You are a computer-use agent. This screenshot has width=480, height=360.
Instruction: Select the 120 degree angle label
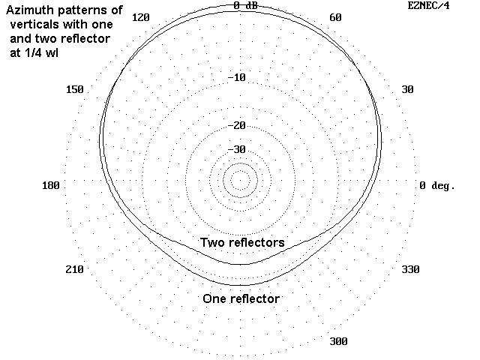pyautogui.click(x=141, y=18)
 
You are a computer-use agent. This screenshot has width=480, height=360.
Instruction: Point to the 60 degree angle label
pyautogui.click(x=335, y=18)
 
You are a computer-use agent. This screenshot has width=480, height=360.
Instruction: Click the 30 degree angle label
pyautogui.click(x=407, y=89)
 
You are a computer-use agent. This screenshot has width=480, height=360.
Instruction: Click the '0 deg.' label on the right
pyautogui.click(x=437, y=184)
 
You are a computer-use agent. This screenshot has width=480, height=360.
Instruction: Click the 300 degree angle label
pyautogui.click(x=338, y=341)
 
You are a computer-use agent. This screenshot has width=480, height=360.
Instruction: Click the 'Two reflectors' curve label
pyautogui.click(x=241, y=242)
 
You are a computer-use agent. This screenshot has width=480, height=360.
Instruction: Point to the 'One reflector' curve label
pyautogui.click(x=241, y=298)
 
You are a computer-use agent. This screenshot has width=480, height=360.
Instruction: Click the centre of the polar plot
pyautogui.click(x=240, y=180)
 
